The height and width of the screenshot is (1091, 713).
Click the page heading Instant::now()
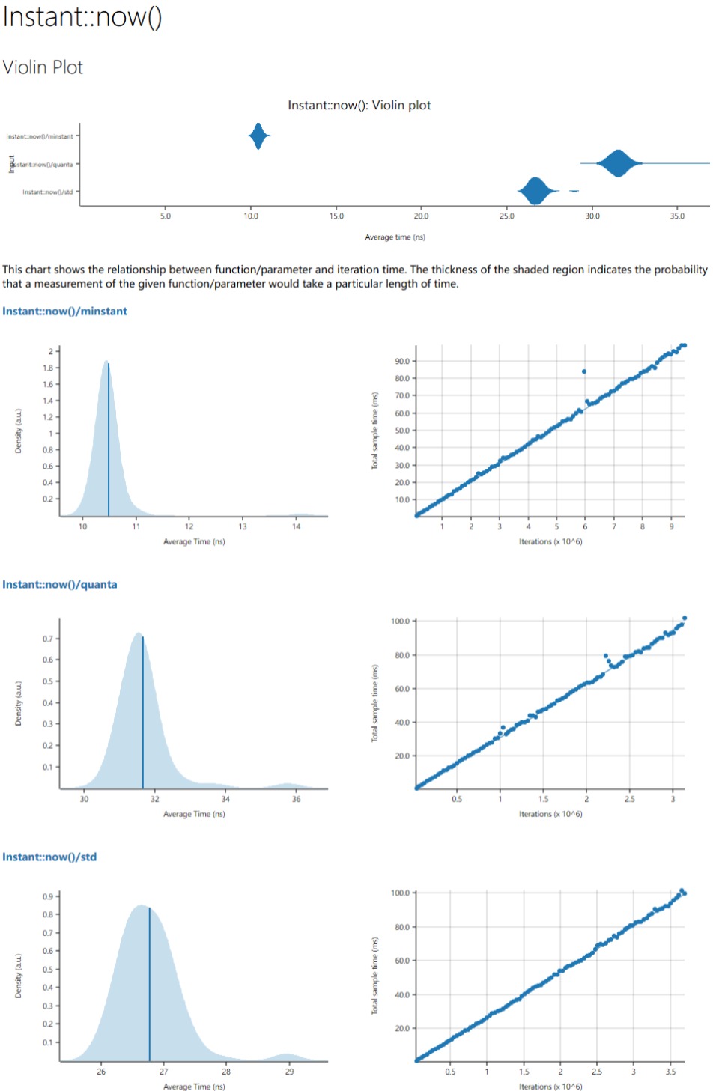(x=82, y=16)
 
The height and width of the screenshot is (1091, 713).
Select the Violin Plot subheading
(x=43, y=67)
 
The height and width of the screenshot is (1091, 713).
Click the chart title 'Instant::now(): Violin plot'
(x=359, y=106)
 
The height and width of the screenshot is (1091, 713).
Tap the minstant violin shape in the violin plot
(x=258, y=136)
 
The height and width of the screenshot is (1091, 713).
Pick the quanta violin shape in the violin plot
(x=618, y=163)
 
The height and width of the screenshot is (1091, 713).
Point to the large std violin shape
(x=535, y=191)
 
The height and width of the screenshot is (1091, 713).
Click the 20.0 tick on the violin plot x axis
(x=422, y=216)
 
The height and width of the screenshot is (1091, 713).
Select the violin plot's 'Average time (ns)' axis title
(x=395, y=237)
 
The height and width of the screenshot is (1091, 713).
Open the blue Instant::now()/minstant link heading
(x=65, y=312)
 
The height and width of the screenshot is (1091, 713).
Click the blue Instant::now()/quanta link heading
(x=60, y=585)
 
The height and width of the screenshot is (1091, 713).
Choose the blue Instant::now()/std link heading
(x=49, y=857)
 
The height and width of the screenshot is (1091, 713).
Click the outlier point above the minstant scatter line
(x=584, y=371)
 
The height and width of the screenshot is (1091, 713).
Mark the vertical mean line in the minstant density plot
(x=109, y=442)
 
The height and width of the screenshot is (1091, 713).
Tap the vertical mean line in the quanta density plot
(x=143, y=711)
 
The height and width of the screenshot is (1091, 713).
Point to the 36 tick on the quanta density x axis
(x=297, y=799)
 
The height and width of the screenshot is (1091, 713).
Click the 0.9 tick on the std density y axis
(x=47, y=896)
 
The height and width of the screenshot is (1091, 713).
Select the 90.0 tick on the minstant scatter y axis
(x=402, y=362)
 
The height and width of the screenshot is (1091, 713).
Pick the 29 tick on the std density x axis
(x=290, y=1072)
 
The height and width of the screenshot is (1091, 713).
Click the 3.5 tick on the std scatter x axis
(x=670, y=1072)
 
